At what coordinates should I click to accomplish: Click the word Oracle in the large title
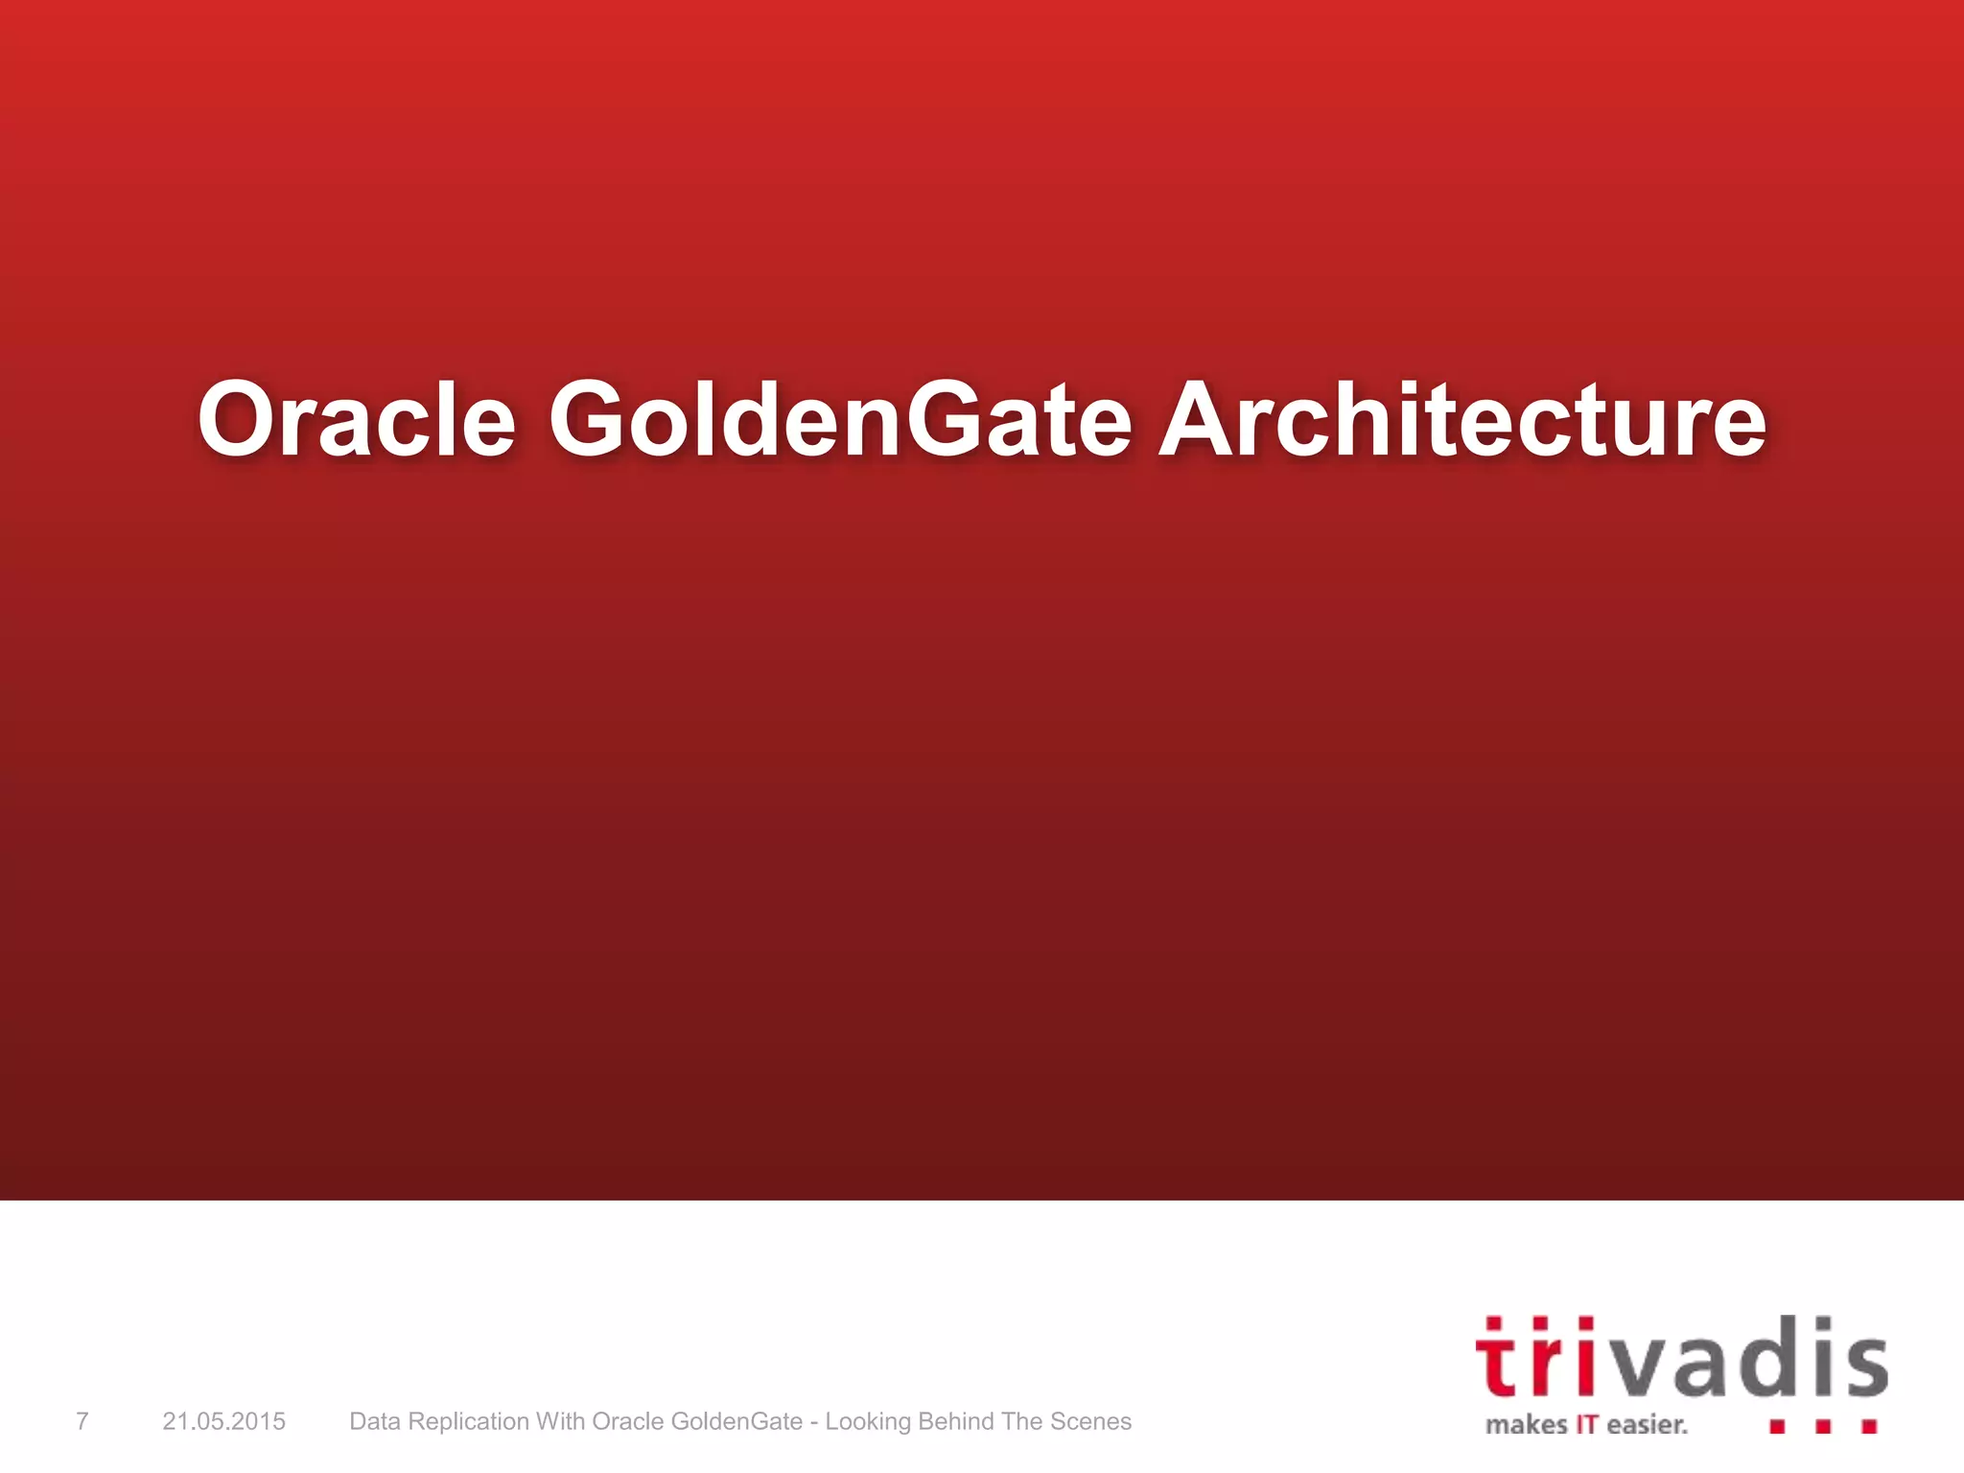click(357, 420)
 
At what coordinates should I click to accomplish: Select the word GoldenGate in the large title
click(840, 420)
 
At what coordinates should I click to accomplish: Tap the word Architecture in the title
click(1461, 420)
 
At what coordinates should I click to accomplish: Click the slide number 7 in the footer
click(82, 1421)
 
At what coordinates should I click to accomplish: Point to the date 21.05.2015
click(223, 1421)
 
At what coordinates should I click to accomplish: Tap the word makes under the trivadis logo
click(1526, 1425)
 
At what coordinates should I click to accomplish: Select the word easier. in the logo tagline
click(1647, 1425)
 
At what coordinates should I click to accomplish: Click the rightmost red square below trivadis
click(1869, 1427)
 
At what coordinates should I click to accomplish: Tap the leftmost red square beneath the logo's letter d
click(1777, 1427)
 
